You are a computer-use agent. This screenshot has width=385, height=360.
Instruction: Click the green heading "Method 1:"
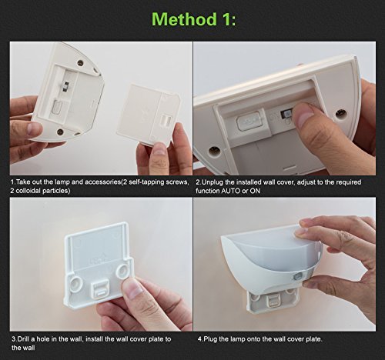click(x=194, y=19)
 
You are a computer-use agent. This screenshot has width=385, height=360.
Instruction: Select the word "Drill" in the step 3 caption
click(x=23, y=339)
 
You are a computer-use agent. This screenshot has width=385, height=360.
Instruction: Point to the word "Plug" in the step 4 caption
click(x=210, y=339)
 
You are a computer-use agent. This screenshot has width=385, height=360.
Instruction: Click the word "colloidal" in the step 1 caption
click(x=28, y=191)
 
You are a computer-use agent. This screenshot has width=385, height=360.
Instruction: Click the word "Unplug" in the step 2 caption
click(x=212, y=182)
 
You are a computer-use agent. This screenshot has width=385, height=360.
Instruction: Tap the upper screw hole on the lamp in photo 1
click(x=81, y=62)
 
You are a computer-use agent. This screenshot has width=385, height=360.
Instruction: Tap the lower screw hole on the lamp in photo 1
click(x=61, y=132)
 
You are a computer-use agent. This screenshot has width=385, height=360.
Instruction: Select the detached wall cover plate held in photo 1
click(x=149, y=115)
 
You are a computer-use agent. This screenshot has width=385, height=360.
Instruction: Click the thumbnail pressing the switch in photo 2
click(x=305, y=117)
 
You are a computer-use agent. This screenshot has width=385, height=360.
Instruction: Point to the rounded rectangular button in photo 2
click(x=248, y=120)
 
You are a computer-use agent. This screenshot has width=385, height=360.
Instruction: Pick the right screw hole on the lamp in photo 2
click(x=340, y=113)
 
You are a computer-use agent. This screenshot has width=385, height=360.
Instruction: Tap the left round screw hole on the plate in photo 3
click(x=77, y=283)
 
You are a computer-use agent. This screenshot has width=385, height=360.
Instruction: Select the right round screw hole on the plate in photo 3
click(x=122, y=271)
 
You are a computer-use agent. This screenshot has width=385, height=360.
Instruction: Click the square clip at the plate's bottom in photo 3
click(x=100, y=289)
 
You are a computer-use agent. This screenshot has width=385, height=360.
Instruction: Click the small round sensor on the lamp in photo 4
click(x=297, y=277)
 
